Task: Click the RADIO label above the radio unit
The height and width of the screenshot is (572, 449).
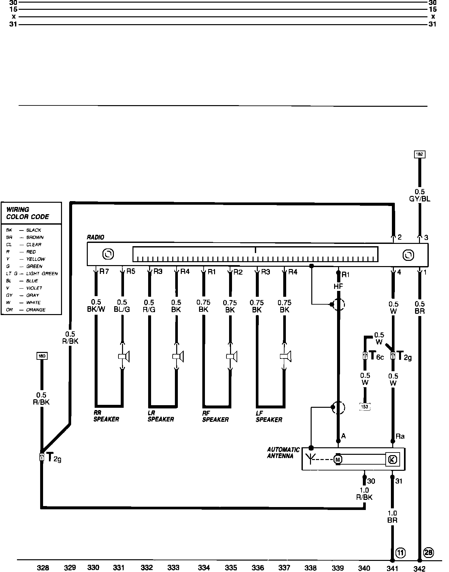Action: [x=95, y=237]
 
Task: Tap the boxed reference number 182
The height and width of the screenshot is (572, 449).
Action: [x=420, y=154]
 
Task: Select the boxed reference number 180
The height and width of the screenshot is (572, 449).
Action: [x=42, y=356]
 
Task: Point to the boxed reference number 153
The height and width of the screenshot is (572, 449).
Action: [x=365, y=407]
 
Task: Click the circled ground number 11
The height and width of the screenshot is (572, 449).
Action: [x=400, y=552]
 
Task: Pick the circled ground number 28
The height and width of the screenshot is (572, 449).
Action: [x=428, y=552]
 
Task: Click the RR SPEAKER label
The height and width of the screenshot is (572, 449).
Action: [x=106, y=416]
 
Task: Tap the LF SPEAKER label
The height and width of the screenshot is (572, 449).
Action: [x=269, y=417]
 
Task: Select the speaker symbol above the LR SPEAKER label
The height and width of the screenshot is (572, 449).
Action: [x=178, y=356]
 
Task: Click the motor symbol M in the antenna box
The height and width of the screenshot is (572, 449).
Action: [x=338, y=459]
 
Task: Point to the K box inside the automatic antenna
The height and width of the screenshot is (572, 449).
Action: [x=392, y=459]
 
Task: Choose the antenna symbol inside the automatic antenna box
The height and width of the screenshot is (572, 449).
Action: [x=311, y=458]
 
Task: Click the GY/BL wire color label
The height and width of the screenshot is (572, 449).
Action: [x=420, y=199]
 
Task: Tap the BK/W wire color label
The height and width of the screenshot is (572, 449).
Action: [x=96, y=309]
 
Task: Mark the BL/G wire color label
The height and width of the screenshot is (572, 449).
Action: [x=122, y=309]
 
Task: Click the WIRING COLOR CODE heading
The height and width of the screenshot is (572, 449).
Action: [x=28, y=213]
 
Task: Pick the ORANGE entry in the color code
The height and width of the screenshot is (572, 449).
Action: [x=36, y=310]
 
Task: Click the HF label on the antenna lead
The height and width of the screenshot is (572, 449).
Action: [x=338, y=287]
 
